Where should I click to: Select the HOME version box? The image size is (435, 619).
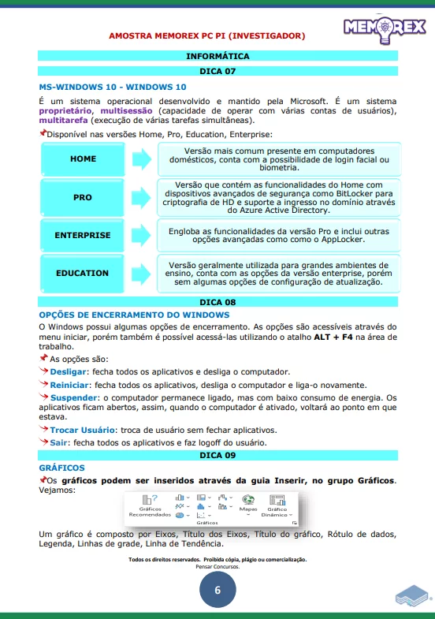click(x=83, y=158)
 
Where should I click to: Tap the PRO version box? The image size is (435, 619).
click(x=83, y=197)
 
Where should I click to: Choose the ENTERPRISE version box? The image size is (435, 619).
click(x=83, y=235)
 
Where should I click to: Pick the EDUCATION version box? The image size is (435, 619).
click(x=83, y=273)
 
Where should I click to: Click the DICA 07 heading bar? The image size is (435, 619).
click(x=217, y=71)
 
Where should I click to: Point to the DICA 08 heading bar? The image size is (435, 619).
click(x=217, y=302)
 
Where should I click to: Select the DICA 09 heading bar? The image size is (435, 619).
click(x=217, y=456)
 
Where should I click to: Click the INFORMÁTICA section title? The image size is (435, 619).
click(x=217, y=57)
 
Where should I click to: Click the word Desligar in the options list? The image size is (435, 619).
click(x=68, y=371)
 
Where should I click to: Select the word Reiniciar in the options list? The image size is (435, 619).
click(x=69, y=383)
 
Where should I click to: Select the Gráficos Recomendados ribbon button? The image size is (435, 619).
click(x=150, y=505)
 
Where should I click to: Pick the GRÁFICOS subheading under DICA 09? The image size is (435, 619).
click(x=61, y=468)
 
